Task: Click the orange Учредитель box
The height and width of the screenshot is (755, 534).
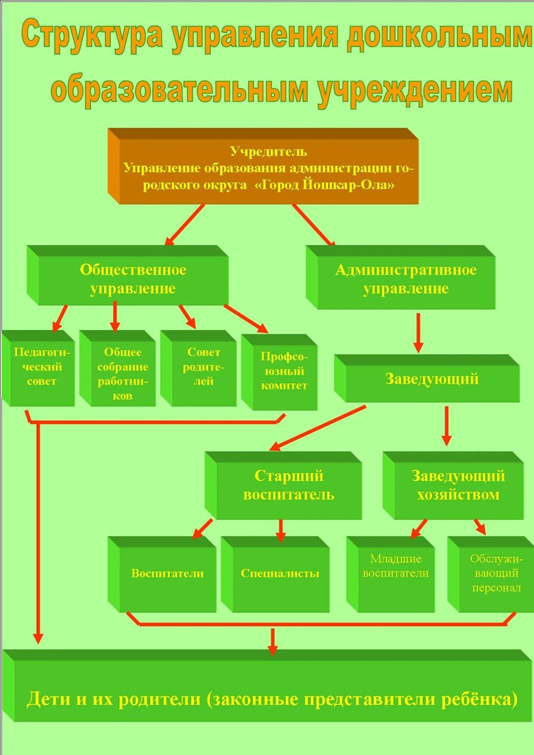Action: point(267,168)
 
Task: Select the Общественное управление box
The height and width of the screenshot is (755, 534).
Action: point(133,279)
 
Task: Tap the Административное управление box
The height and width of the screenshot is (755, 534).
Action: point(405,279)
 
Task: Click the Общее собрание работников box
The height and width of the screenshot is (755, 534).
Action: point(122,373)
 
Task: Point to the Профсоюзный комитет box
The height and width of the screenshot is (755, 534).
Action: point(284,371)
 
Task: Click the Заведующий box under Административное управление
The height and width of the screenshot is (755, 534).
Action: point(432,379)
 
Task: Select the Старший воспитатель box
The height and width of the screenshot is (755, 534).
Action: point(289,485)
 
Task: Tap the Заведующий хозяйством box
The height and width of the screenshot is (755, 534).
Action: point(458,485)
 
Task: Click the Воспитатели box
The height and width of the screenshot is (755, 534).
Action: point(167,573)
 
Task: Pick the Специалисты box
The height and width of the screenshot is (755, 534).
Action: point(280,573)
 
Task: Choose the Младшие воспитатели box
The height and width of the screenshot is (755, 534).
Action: point(395,566)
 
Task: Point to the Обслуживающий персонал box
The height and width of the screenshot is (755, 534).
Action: point(496,573)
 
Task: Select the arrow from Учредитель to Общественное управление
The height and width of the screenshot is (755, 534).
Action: point(185,224)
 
